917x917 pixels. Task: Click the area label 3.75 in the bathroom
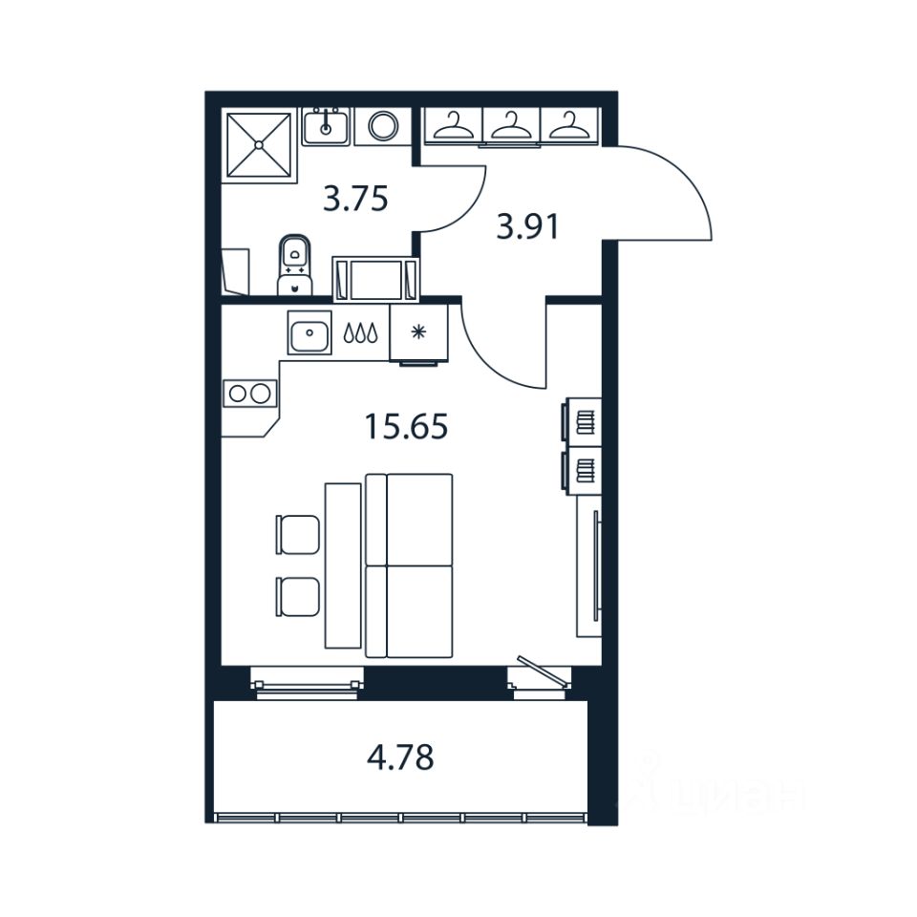(355, 200)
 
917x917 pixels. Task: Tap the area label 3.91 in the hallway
(526, 227)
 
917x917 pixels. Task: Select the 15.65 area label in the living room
(406, 426)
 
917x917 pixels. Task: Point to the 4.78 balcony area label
(400, 758)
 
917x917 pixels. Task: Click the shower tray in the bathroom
(258, 145)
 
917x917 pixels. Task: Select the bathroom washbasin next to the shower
(326, 125)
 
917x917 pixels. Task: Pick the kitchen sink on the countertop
(309, 332)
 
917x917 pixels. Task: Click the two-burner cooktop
(249, 393)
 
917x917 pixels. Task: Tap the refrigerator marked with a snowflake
(417, 332)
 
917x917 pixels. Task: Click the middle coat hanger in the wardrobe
(512, 124)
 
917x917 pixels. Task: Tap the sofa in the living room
(409, 565)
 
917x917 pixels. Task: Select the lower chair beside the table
(298, 597)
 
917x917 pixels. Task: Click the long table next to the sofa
(343, 565)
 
